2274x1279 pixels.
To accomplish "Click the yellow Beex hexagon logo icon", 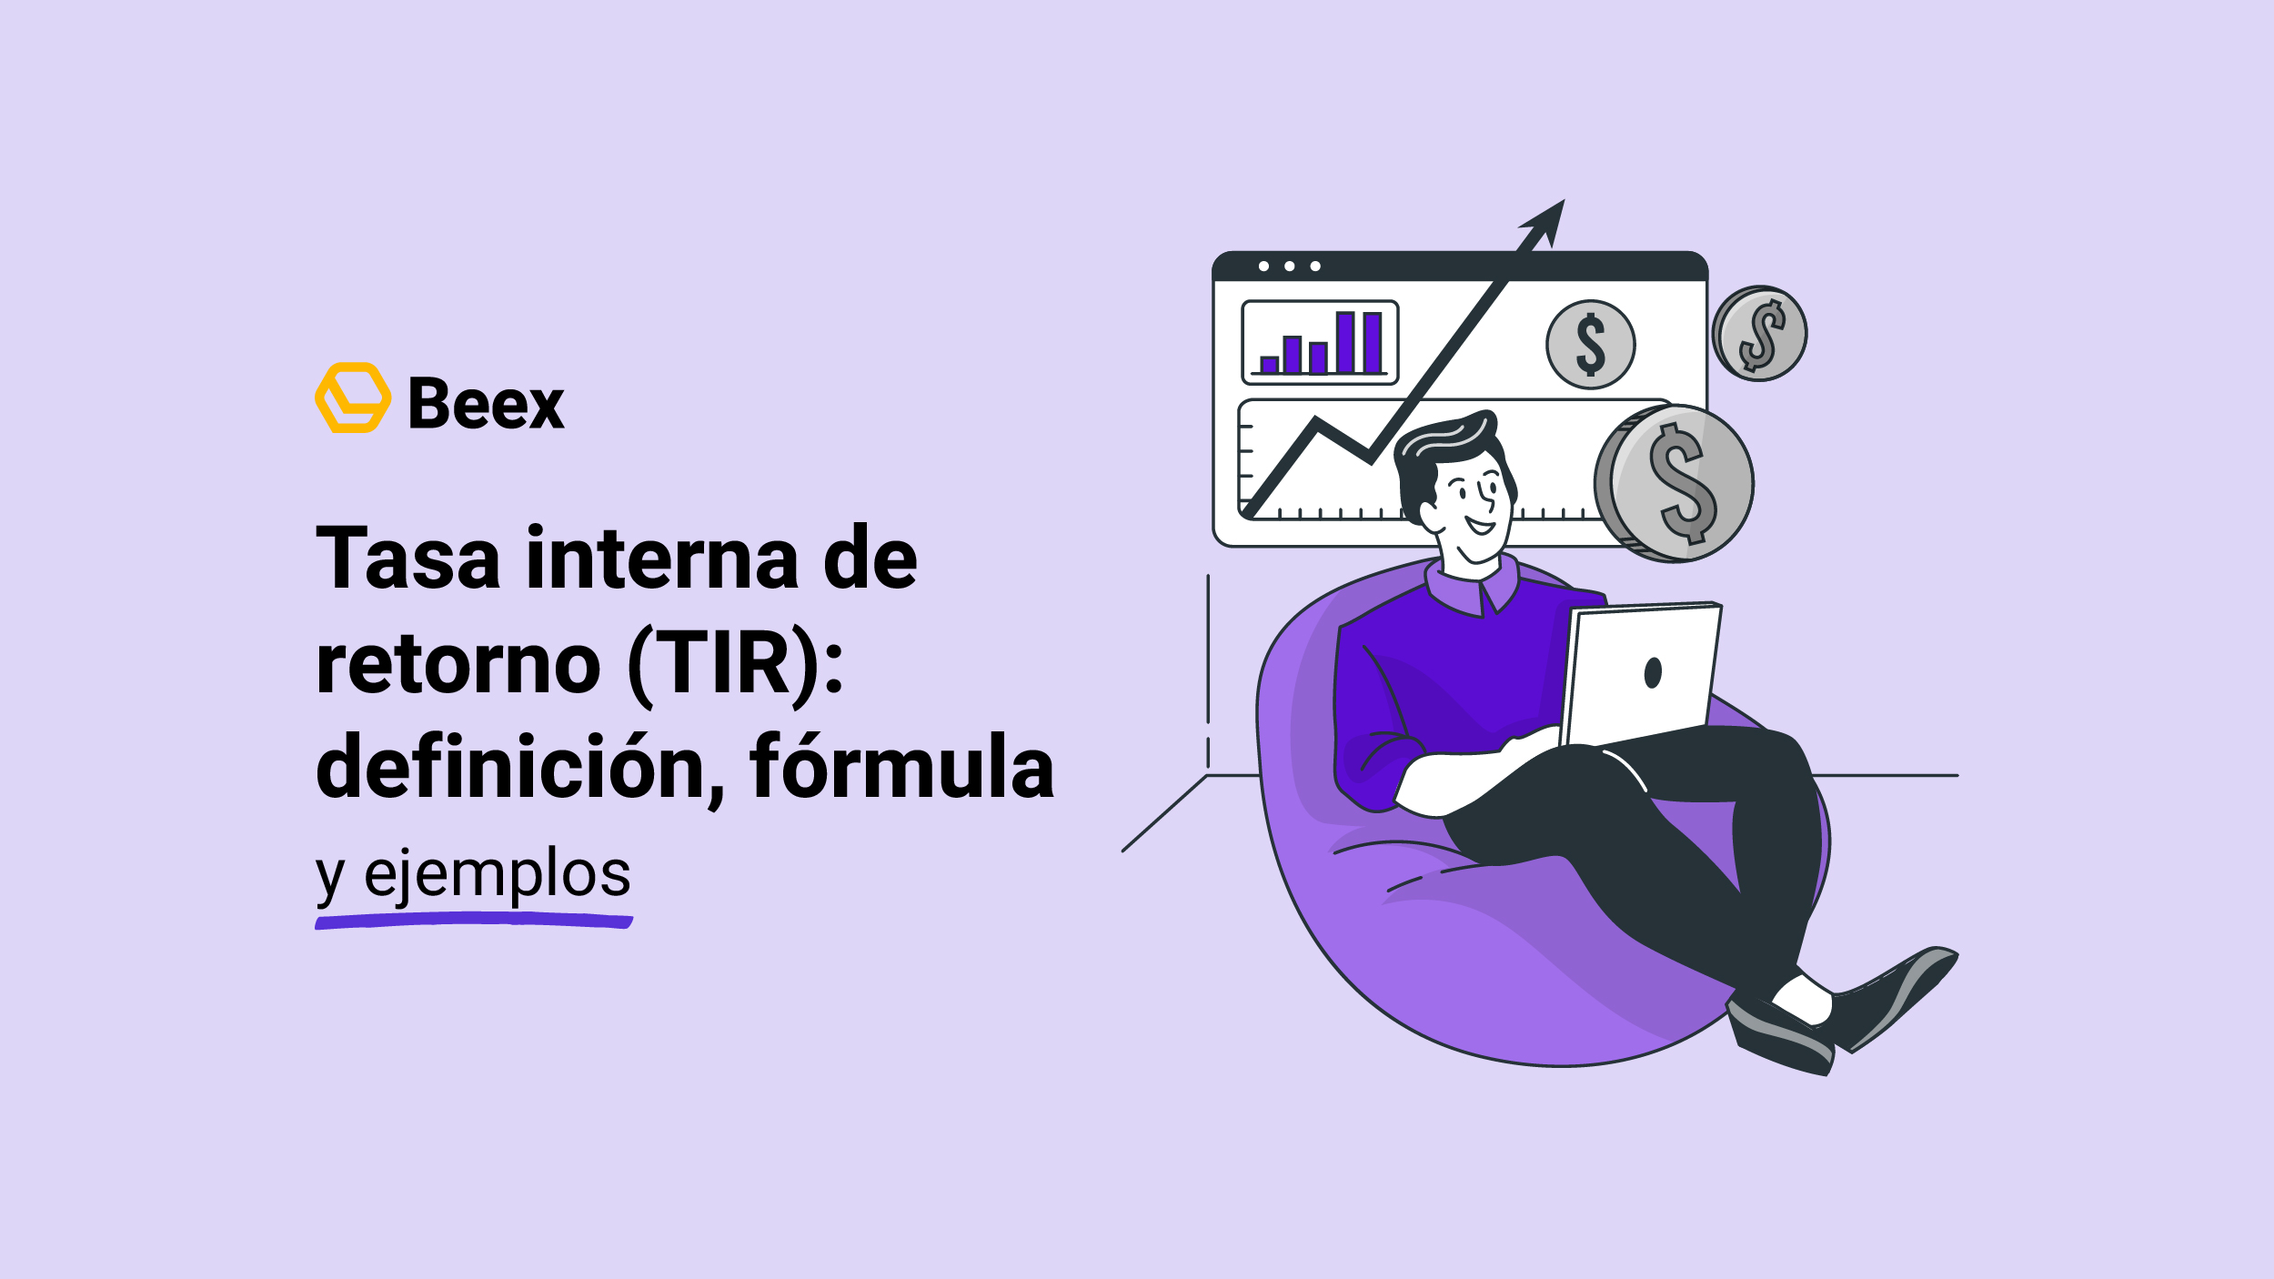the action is coord(353,398).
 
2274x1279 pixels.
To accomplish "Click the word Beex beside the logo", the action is coord(487,403).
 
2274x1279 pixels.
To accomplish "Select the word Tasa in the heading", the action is coord(408,557).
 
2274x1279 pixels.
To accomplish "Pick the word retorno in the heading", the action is coord(458,662).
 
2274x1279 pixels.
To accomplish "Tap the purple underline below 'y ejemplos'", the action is coord(474,922).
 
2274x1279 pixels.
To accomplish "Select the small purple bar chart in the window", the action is coord(1321,342).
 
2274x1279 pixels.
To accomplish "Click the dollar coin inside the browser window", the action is coord(1591,345).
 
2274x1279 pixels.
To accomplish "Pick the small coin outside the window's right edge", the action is coord(1760,334).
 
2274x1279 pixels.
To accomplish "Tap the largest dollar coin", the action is coord(1675,484).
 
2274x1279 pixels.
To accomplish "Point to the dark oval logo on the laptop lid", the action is coord(1654,672).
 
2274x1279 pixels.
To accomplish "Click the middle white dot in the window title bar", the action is coord(1290,267).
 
